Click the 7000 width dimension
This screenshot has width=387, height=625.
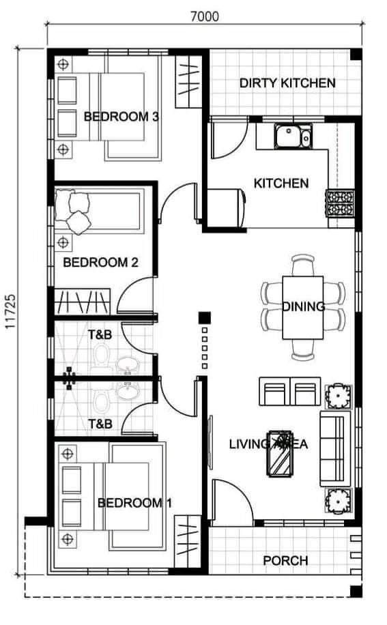(x=205, y=16)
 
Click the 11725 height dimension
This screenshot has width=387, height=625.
(x=10, y=312)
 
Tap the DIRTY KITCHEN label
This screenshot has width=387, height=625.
(x=287, y=83)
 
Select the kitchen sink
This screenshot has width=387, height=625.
(x=293, y=136)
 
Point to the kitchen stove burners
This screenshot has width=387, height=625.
(x=340, y=203)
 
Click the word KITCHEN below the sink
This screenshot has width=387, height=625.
(x=281, y=184)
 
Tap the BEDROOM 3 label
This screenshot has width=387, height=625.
(x=121, y=117)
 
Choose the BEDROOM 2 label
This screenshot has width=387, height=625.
(x=100, y=262)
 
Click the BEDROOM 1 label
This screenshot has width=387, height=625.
(x=134, y=503)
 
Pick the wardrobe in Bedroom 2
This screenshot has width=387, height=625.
(x=83, y=302)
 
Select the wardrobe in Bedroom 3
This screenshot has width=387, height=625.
(x=188, y=82)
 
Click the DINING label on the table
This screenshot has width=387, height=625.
(x=303, y=306)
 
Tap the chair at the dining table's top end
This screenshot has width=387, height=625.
(x=303, y=264)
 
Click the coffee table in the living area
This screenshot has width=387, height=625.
(x=281, y=454)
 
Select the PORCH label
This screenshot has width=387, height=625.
(x=285, y=561)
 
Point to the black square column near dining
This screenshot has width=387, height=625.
(x=205, y=318)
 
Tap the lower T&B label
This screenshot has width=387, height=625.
(x=100, y=424)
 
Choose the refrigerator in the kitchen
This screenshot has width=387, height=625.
(x=226, y=209)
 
